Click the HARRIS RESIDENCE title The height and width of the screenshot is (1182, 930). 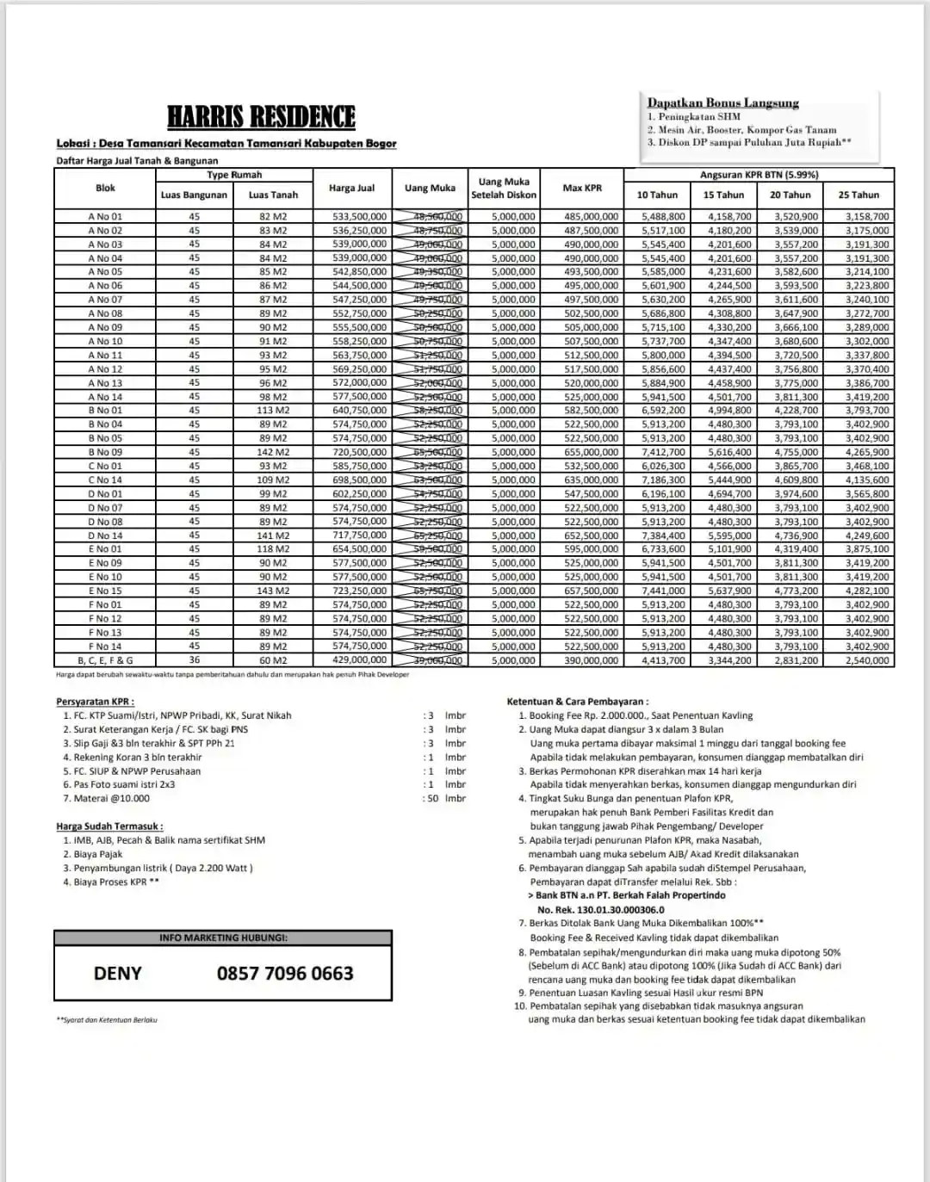tap(261, 117)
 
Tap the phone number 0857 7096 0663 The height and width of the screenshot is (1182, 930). tap(285, 974)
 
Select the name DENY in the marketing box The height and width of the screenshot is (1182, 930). tap(117, 974)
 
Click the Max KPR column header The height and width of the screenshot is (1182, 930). tap(582, 188)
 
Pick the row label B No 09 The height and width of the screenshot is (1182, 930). tap(105, 452)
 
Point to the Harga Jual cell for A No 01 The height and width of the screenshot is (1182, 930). tap(359, 217)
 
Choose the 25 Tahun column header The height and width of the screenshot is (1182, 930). tap(859, 195)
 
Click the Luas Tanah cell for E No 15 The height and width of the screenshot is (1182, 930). tap(273, 591)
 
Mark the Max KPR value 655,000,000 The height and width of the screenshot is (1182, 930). tap(591, 452)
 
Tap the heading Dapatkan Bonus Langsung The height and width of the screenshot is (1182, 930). tap(722, 103)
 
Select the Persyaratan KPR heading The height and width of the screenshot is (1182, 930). tap(95, 702)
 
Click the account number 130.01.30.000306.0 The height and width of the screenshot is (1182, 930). tap(600, 910)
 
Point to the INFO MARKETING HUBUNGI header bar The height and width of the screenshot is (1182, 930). tap(223, 938)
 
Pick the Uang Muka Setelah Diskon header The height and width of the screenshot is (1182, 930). tap(503, 189)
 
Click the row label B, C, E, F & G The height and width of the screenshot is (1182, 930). tap(105, 660)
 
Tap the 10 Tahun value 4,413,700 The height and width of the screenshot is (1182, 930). tap(663, 660)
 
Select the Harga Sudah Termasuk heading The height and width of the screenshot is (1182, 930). tap(109, 826)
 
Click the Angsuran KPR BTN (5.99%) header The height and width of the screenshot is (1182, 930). tap(759, 175)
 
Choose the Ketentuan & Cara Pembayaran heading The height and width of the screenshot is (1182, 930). tap(577, 702)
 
